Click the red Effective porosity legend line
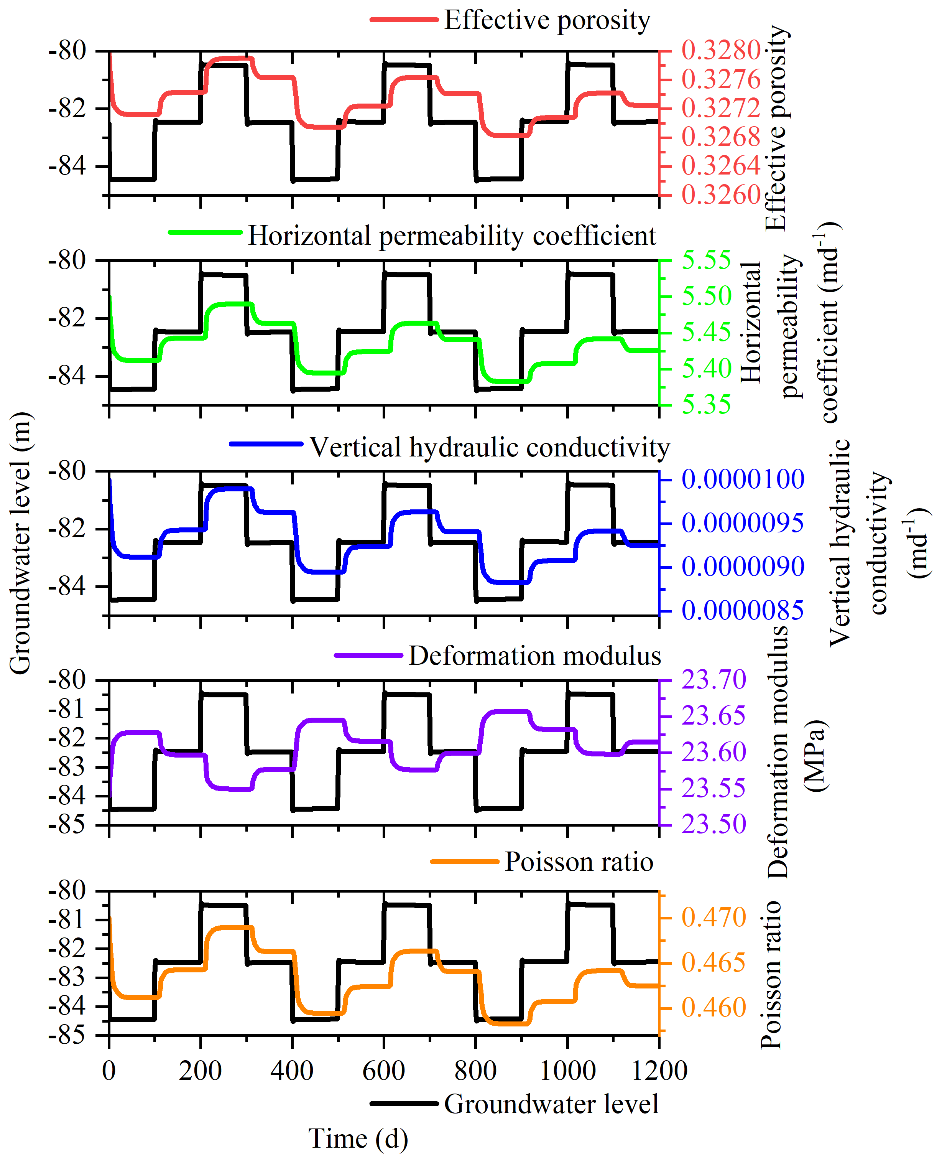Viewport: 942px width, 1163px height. pos(404,20)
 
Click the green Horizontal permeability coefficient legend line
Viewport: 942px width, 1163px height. pos(205,232)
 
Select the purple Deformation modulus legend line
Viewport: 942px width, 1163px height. pos(368,656)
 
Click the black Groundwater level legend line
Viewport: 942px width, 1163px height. pos(404,1104)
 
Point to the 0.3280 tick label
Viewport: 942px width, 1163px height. pos(721,51)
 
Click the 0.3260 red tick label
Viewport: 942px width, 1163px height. pos(721,195)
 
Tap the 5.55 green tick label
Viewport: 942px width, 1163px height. pos(706,260)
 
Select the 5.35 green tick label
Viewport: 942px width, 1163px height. pos(706,405)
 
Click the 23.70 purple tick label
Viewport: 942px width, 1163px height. pos(713,680)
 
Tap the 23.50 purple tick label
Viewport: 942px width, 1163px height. pos(713,824)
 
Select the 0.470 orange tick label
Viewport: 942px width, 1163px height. pos(713,918)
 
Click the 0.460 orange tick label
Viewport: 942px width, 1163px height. pos(713,1008)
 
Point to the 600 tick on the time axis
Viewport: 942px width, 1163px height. pos(384,1071)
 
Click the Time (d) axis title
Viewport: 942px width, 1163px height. pos(358,1139)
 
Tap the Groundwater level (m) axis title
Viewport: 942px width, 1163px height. pos(21,543)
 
